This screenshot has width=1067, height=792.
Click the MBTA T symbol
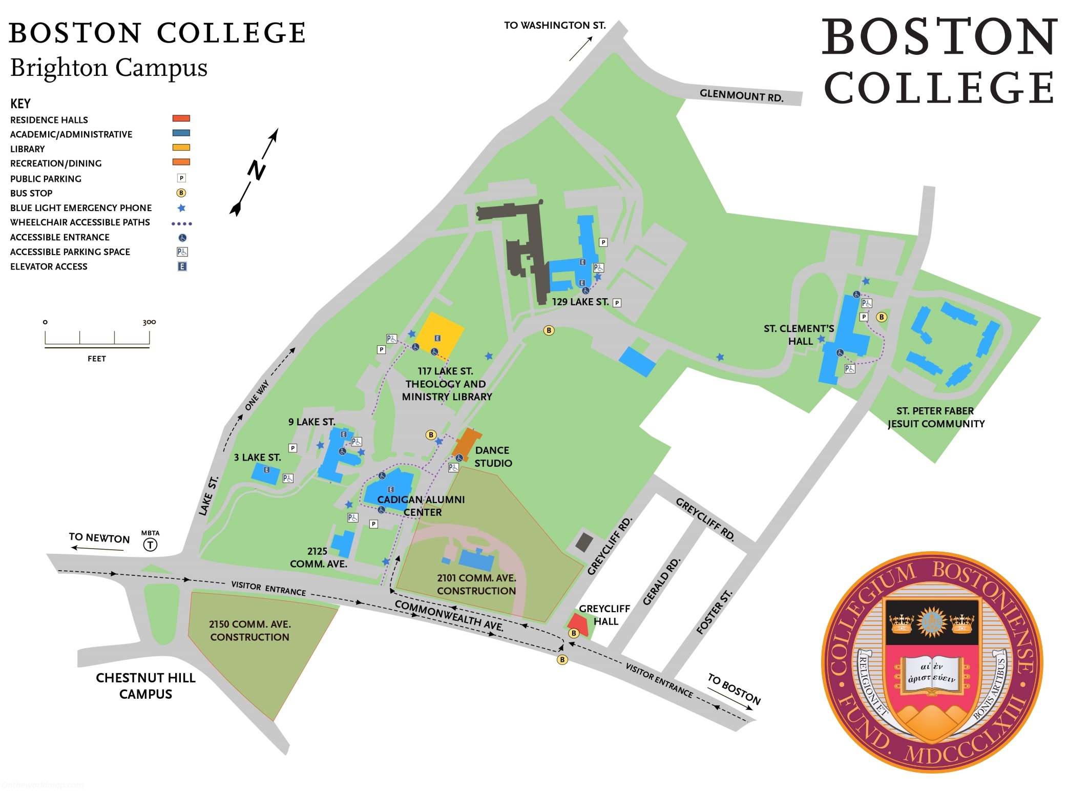point(150,545)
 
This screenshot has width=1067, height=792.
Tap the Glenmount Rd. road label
point(741,95)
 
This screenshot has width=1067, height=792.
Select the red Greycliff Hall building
point(578,623)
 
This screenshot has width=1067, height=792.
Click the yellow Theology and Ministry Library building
point(439,336)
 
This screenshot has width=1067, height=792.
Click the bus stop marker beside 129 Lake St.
point(549,330)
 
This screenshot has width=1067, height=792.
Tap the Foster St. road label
point(714,612)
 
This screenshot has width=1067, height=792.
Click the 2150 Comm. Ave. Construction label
point(250,631)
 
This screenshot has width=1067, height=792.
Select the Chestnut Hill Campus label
point(145,686)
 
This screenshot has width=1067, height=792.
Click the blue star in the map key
point(181,208)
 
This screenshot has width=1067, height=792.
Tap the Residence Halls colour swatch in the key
point(181,119)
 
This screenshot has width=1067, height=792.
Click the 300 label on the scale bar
point(149,322)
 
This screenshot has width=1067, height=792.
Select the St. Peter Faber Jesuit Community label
point(936,417)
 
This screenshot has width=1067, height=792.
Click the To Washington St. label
point(555,25)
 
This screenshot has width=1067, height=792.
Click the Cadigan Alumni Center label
point(421,506)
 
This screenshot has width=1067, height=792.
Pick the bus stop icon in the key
point(181,193)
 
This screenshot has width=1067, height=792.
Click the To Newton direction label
point(99,537)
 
